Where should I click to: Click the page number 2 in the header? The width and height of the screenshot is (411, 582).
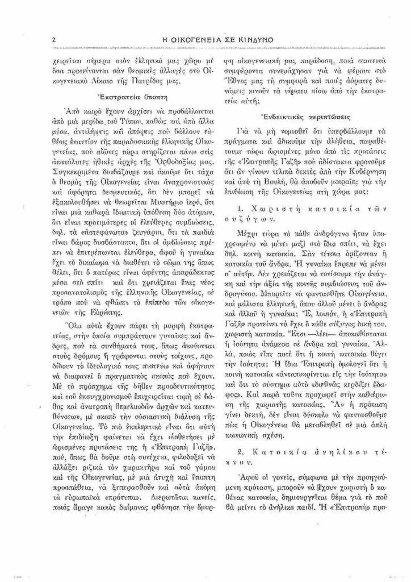coord(52,40)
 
